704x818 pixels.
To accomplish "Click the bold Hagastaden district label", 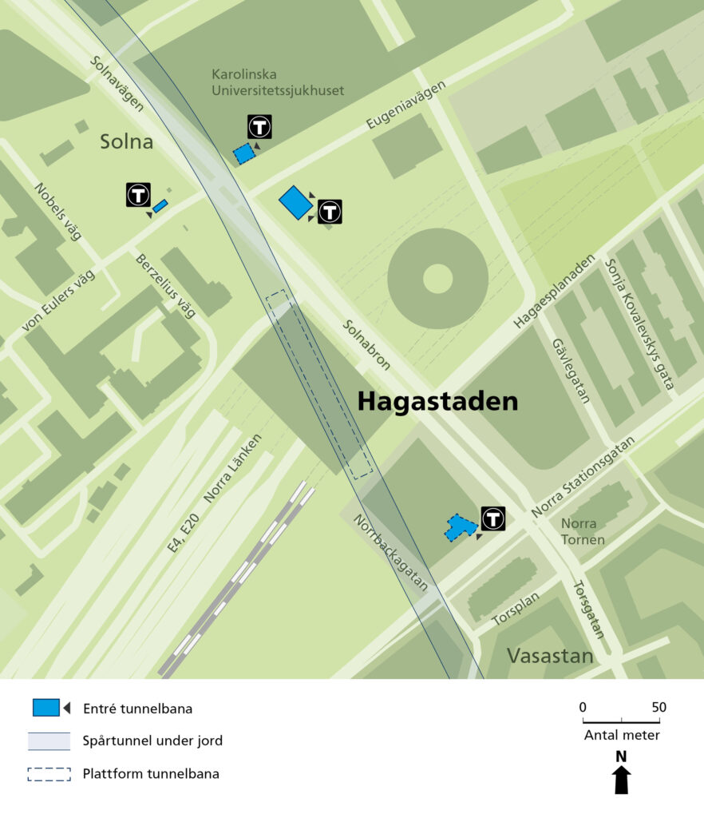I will [437, 401].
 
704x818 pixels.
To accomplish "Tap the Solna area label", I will [126, 142].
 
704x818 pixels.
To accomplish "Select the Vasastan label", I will [550, 657].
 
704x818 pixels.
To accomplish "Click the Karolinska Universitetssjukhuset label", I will [277, 82].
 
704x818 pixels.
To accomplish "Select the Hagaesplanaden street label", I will [555, 292].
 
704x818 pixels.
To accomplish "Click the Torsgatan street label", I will [589, 609].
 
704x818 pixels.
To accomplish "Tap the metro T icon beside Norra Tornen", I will [493, 518].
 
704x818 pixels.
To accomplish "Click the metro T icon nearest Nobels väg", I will [138, 195].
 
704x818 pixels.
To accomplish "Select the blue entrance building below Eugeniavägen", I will [295, 203].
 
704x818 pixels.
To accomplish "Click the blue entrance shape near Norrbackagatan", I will [459, 527].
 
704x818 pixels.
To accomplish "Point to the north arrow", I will [621, 780].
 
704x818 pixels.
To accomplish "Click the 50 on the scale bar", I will [659, 708].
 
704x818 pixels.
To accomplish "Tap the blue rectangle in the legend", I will [45, 708].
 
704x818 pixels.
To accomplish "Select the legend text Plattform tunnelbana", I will [151, 773].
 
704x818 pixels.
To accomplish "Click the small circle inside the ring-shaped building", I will [437, 279].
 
